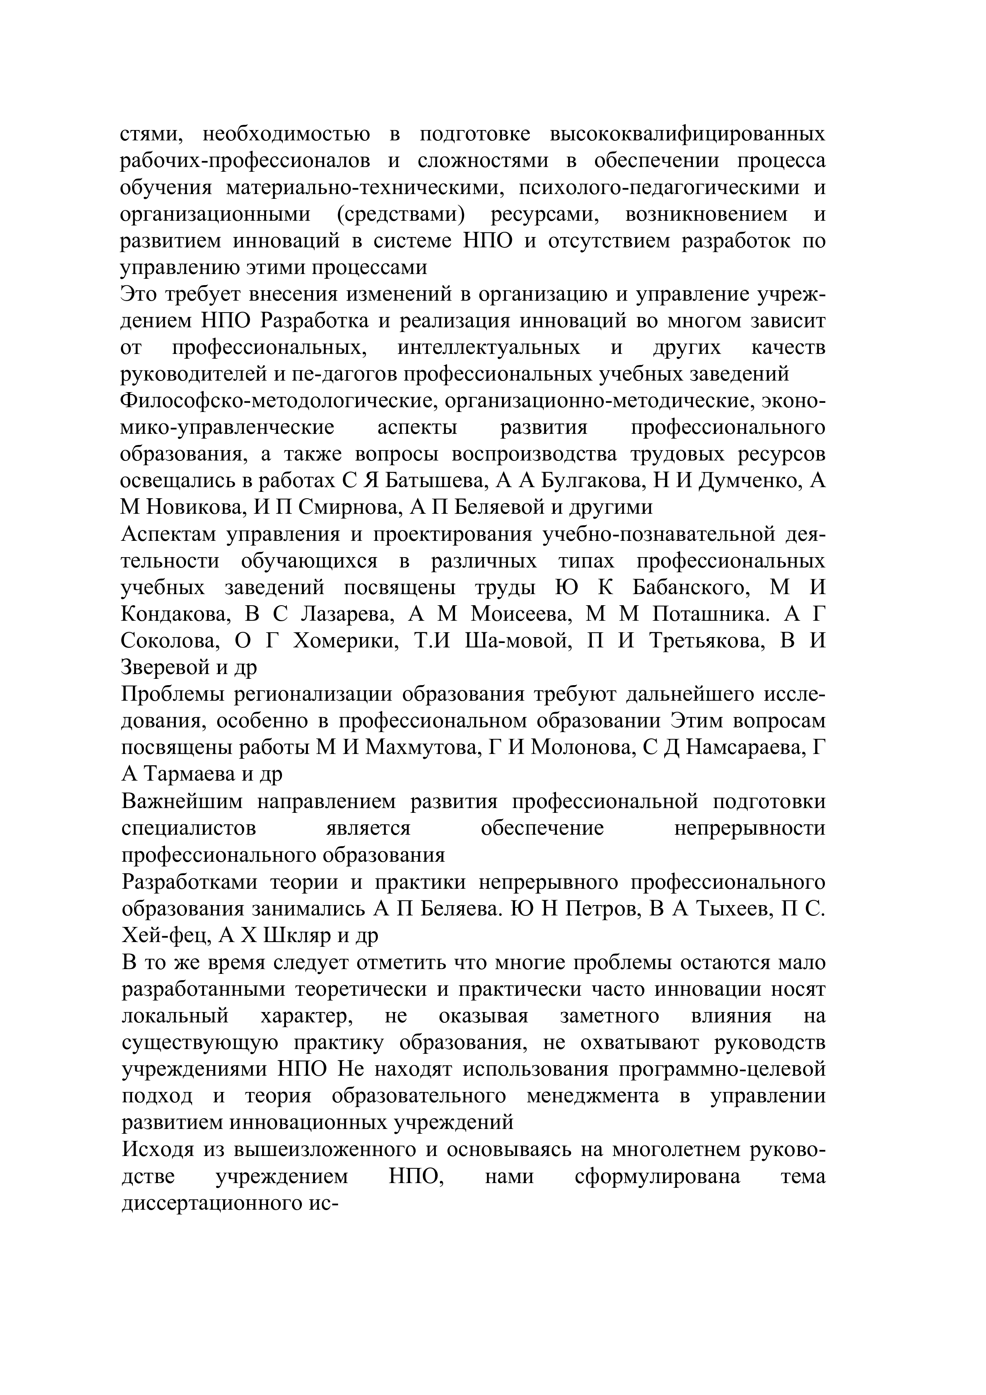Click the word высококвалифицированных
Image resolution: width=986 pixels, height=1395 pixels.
[687, 134]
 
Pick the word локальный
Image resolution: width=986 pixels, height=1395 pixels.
[175, 1016]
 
